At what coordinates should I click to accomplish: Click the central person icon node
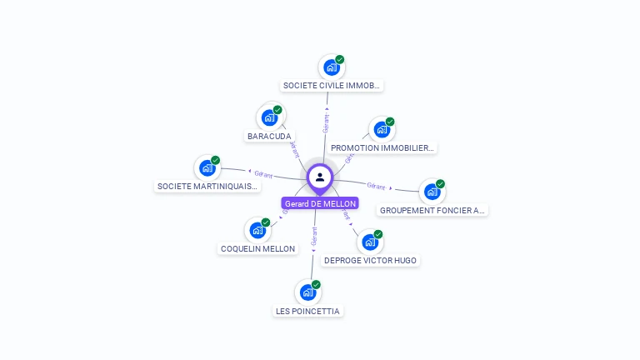pos(320,177)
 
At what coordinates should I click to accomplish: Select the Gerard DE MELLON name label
pos(320,203)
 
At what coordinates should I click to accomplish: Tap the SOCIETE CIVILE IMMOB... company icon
pos(331,67)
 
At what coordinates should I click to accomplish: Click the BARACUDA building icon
pos(268,117)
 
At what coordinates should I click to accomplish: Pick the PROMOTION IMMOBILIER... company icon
pos(381,129)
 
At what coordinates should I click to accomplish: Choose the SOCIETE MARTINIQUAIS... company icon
pos(207,168)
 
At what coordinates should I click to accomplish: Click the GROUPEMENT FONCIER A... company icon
pos(431,192)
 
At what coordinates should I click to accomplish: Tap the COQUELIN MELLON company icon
pos(257,230)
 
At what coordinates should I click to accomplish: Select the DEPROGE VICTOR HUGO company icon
pos(369,242)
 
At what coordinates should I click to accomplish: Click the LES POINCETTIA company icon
pos(307,292)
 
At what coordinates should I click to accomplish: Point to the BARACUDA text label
pos(269,136)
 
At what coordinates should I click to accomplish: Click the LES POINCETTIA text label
pos(307,312)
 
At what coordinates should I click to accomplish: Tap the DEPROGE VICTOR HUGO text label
pos(371,261)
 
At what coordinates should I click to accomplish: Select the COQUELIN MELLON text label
pos(257,248)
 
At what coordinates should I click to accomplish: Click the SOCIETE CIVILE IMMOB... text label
pos(332,86)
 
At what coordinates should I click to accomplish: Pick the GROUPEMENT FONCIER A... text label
pos(432,211)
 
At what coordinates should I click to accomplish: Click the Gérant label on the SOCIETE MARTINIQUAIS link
pos(263,174)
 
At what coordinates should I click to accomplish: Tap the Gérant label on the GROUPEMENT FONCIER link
pos(376,186)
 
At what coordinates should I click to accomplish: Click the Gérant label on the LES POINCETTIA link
pos(314,236)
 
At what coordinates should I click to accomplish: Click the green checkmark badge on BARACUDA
pos(277,110)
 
